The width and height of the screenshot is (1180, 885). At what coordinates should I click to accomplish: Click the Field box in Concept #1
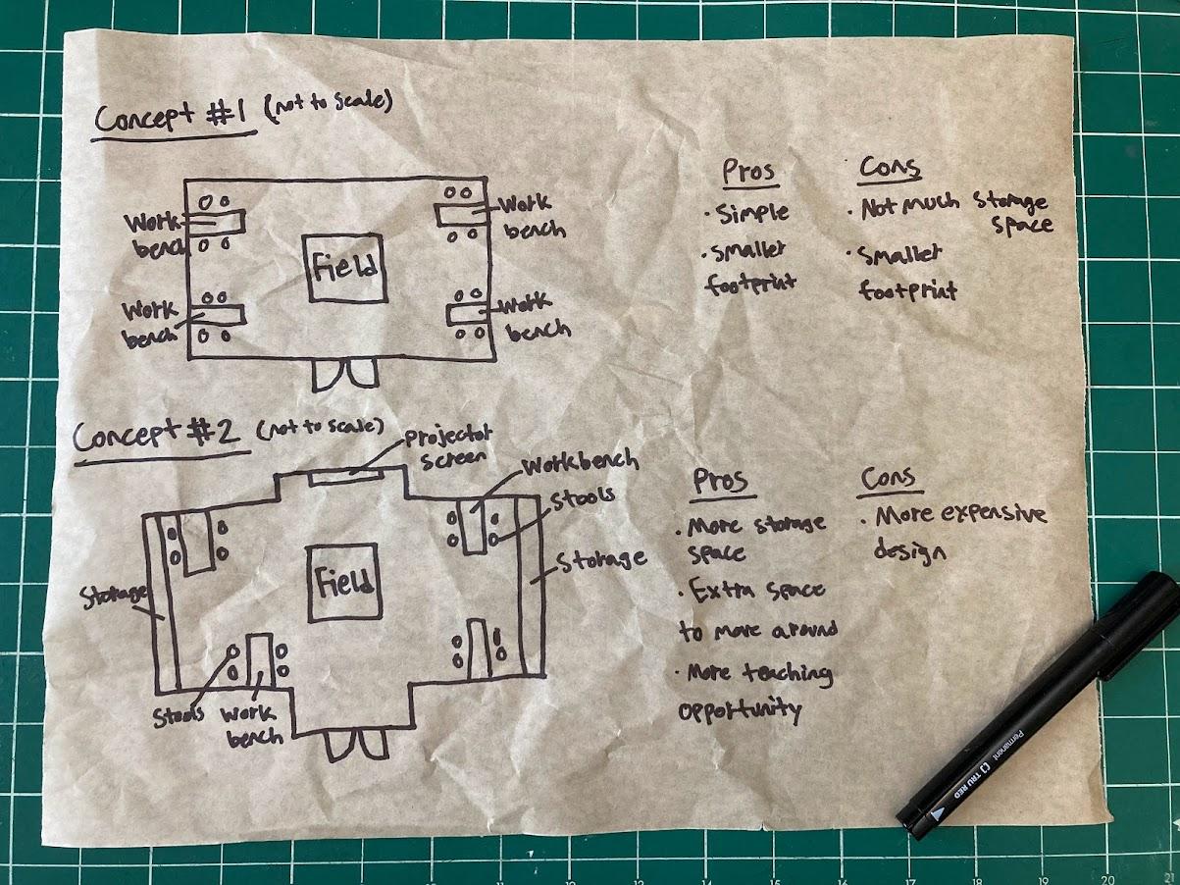pos(344,268)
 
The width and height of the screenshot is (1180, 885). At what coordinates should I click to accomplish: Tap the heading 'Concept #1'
pos(175,121)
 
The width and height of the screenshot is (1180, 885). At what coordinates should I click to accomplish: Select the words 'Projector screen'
pos(451,447)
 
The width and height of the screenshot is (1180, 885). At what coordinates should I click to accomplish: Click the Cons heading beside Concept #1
pos(890,169)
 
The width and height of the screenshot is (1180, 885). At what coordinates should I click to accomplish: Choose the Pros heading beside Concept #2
pos(720,482)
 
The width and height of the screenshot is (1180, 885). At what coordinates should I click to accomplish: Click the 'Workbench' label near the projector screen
pos(580,461)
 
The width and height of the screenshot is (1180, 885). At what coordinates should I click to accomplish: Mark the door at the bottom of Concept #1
pos(344,373)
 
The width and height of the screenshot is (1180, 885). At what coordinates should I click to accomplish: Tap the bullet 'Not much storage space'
pos(951,213)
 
